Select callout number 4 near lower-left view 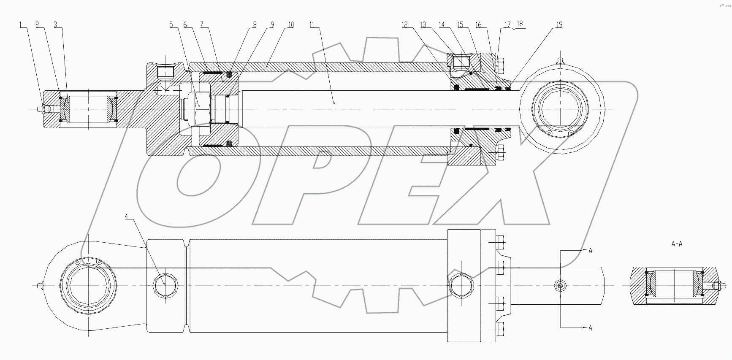tap(126, 217)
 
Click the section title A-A tap(676, 244)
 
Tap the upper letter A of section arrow tap(590, 251)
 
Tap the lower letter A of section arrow tap(590, 328)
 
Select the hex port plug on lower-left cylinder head tap(165, 286)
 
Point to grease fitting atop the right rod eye tap(561, 60)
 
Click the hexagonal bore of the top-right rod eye tap(560, 109)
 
